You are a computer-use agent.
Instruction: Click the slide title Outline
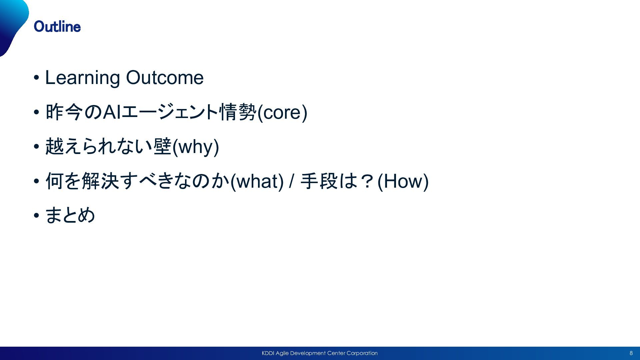click(57, 27)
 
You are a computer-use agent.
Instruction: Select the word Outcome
click(165, 78)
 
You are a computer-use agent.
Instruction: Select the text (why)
click(195, 147)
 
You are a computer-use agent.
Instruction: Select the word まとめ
click(70, 215)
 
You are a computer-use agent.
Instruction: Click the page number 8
click(631, 353)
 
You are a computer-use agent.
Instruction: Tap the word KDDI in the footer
click(268, 353)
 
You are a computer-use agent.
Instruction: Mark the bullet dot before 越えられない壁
click(36, 147)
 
